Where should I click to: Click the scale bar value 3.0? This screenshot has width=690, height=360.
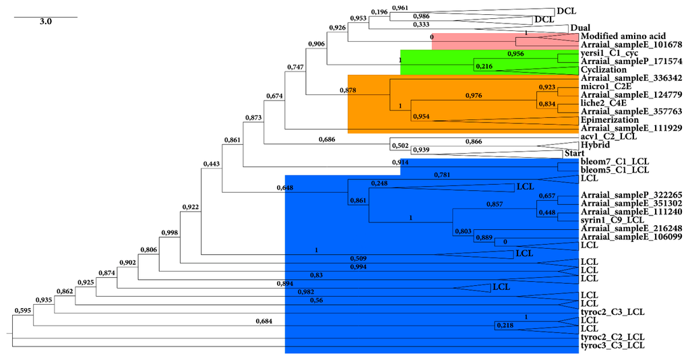coord(45,22)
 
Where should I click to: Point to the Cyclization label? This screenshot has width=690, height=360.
coord(603,69)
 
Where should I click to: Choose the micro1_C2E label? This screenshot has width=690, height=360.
coord(604,86)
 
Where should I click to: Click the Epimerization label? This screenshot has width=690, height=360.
coord(610,119)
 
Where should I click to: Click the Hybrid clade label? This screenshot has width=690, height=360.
coord(595,145)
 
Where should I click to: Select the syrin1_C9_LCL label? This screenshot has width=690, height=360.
coord(609,220)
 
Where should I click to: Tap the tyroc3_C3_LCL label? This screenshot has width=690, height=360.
coord(613,345)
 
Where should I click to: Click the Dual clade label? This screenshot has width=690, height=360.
coord(580,28)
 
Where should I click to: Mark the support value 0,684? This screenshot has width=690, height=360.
coord(267,321)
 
